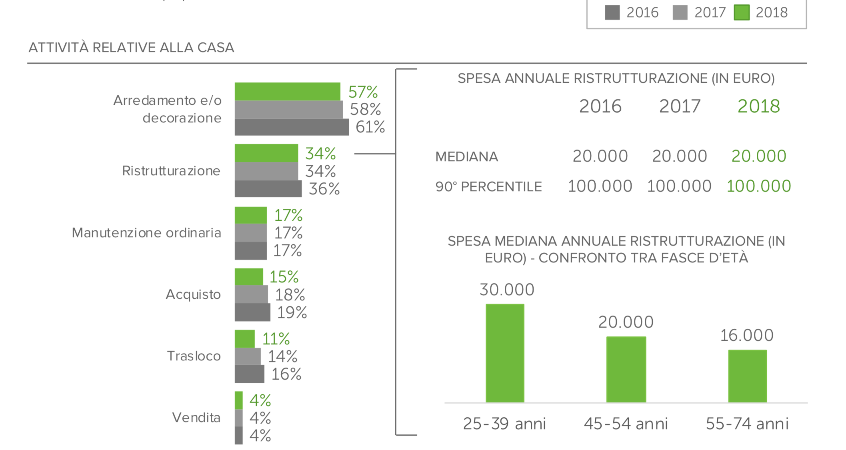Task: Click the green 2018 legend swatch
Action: point(741,12)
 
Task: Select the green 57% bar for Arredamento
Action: point(287,92)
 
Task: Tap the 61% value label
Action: point(370,127)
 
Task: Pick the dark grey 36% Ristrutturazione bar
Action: point(268,189)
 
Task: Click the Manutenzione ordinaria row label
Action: point(146,233)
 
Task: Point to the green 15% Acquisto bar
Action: point(249,277)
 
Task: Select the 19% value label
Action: point(292,312)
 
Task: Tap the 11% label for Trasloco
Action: point(276,339)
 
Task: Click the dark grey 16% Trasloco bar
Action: point(249,374)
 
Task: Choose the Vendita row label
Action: point(196,418)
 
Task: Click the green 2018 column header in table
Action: point(758,106)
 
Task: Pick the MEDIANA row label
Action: point(466,156)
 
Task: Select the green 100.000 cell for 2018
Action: point(758,186)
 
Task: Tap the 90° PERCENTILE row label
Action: point(488,187)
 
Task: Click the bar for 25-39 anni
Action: point(505,353)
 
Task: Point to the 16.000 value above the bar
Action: point(747,336)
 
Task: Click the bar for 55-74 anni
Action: point(747,376)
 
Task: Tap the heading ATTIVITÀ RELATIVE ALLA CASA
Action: point(131,48)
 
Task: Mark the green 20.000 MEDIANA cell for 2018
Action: point(758,156)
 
